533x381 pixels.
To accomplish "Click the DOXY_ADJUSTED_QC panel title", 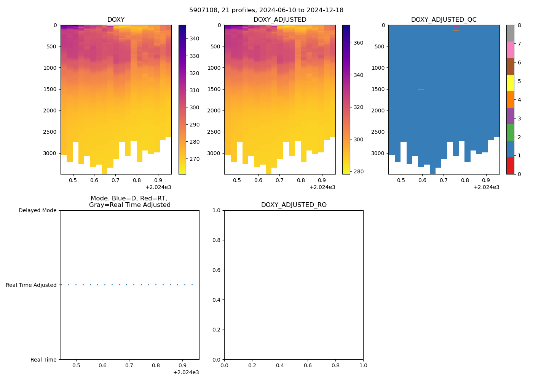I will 444,20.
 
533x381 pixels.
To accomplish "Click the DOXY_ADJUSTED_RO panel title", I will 294,205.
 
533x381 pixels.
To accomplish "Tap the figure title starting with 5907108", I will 266,10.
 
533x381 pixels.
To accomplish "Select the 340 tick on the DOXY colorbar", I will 195,39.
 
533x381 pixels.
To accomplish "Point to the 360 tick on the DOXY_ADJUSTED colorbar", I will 358,43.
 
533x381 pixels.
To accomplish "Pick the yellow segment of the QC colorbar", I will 510,83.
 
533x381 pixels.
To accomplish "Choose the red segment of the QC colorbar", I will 510,166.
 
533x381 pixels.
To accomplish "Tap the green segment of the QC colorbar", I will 510,133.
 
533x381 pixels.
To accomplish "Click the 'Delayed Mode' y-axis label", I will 37,211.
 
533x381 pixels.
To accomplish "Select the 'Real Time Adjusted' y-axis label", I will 31,285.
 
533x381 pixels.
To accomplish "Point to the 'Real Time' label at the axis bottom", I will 43,360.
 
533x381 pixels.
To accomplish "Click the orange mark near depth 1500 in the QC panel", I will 421,89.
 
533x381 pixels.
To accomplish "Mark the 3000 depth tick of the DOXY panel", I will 50,153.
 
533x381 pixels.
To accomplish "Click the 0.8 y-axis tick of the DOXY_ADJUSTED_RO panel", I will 217,240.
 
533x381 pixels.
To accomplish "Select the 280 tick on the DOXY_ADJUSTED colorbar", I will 358,171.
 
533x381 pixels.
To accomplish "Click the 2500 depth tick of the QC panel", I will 378,132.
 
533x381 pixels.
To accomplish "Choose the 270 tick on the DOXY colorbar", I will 195,159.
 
